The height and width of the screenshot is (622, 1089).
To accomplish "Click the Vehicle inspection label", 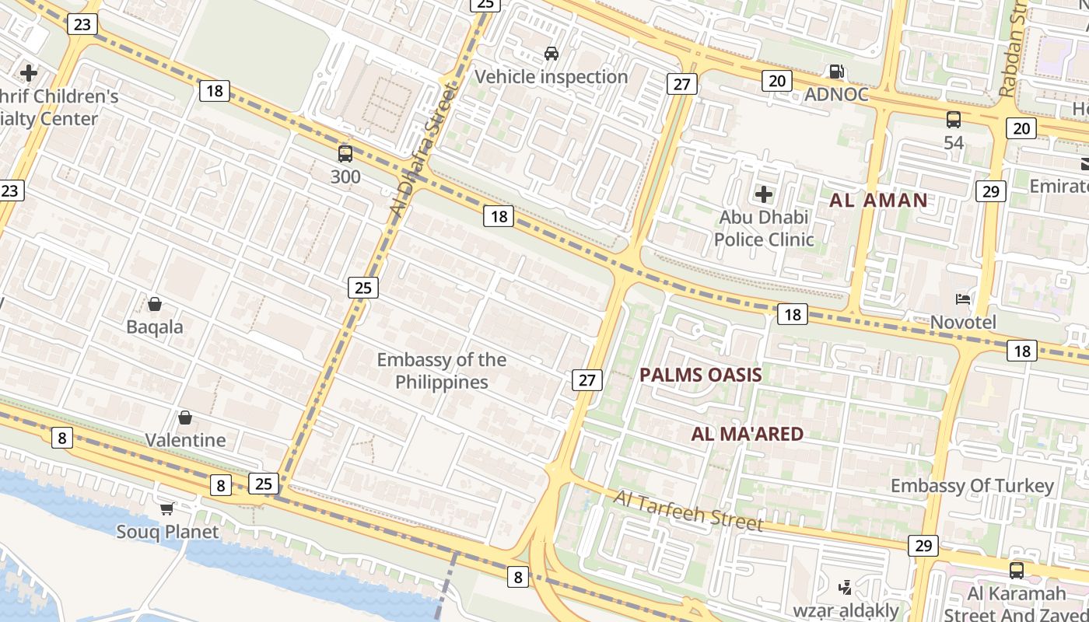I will [551, 77].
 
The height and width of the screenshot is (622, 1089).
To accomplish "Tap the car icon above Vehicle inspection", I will [552, 54].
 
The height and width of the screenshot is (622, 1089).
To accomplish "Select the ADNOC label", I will [836, 94].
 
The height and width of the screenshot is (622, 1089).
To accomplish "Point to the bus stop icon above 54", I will [954, 120].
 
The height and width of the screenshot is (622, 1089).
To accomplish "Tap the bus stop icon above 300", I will [345, 154].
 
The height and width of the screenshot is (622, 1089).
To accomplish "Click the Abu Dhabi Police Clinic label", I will [764, 228].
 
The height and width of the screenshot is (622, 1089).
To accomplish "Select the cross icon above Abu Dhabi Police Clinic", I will [764, 194].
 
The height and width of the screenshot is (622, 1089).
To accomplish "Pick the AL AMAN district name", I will [878, 201].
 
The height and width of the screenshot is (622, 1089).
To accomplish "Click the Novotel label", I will [963, 322].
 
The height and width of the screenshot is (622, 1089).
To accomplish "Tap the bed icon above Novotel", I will [963, 299].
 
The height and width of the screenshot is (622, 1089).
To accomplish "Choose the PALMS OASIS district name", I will [700, 375].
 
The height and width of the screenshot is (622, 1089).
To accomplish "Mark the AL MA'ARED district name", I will [747, 434].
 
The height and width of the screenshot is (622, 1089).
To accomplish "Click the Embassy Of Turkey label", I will [972, 486].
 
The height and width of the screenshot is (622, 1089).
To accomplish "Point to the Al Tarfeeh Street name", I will [688, 510].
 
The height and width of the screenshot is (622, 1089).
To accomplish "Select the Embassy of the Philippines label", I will [441, 371].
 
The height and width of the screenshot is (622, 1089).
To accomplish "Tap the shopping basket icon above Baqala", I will [155, 304].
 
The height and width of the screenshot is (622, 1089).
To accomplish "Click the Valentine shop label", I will [185, 440].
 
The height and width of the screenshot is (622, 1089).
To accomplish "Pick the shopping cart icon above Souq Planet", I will [166, 509].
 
